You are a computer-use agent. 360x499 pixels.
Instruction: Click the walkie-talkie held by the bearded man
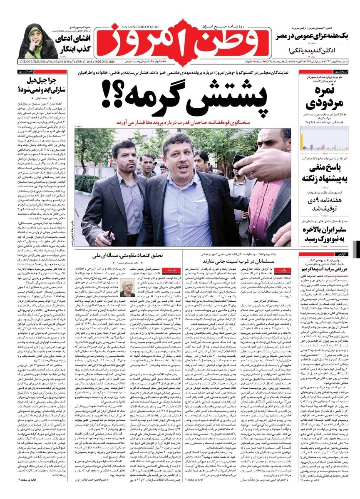click(109, 236)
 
